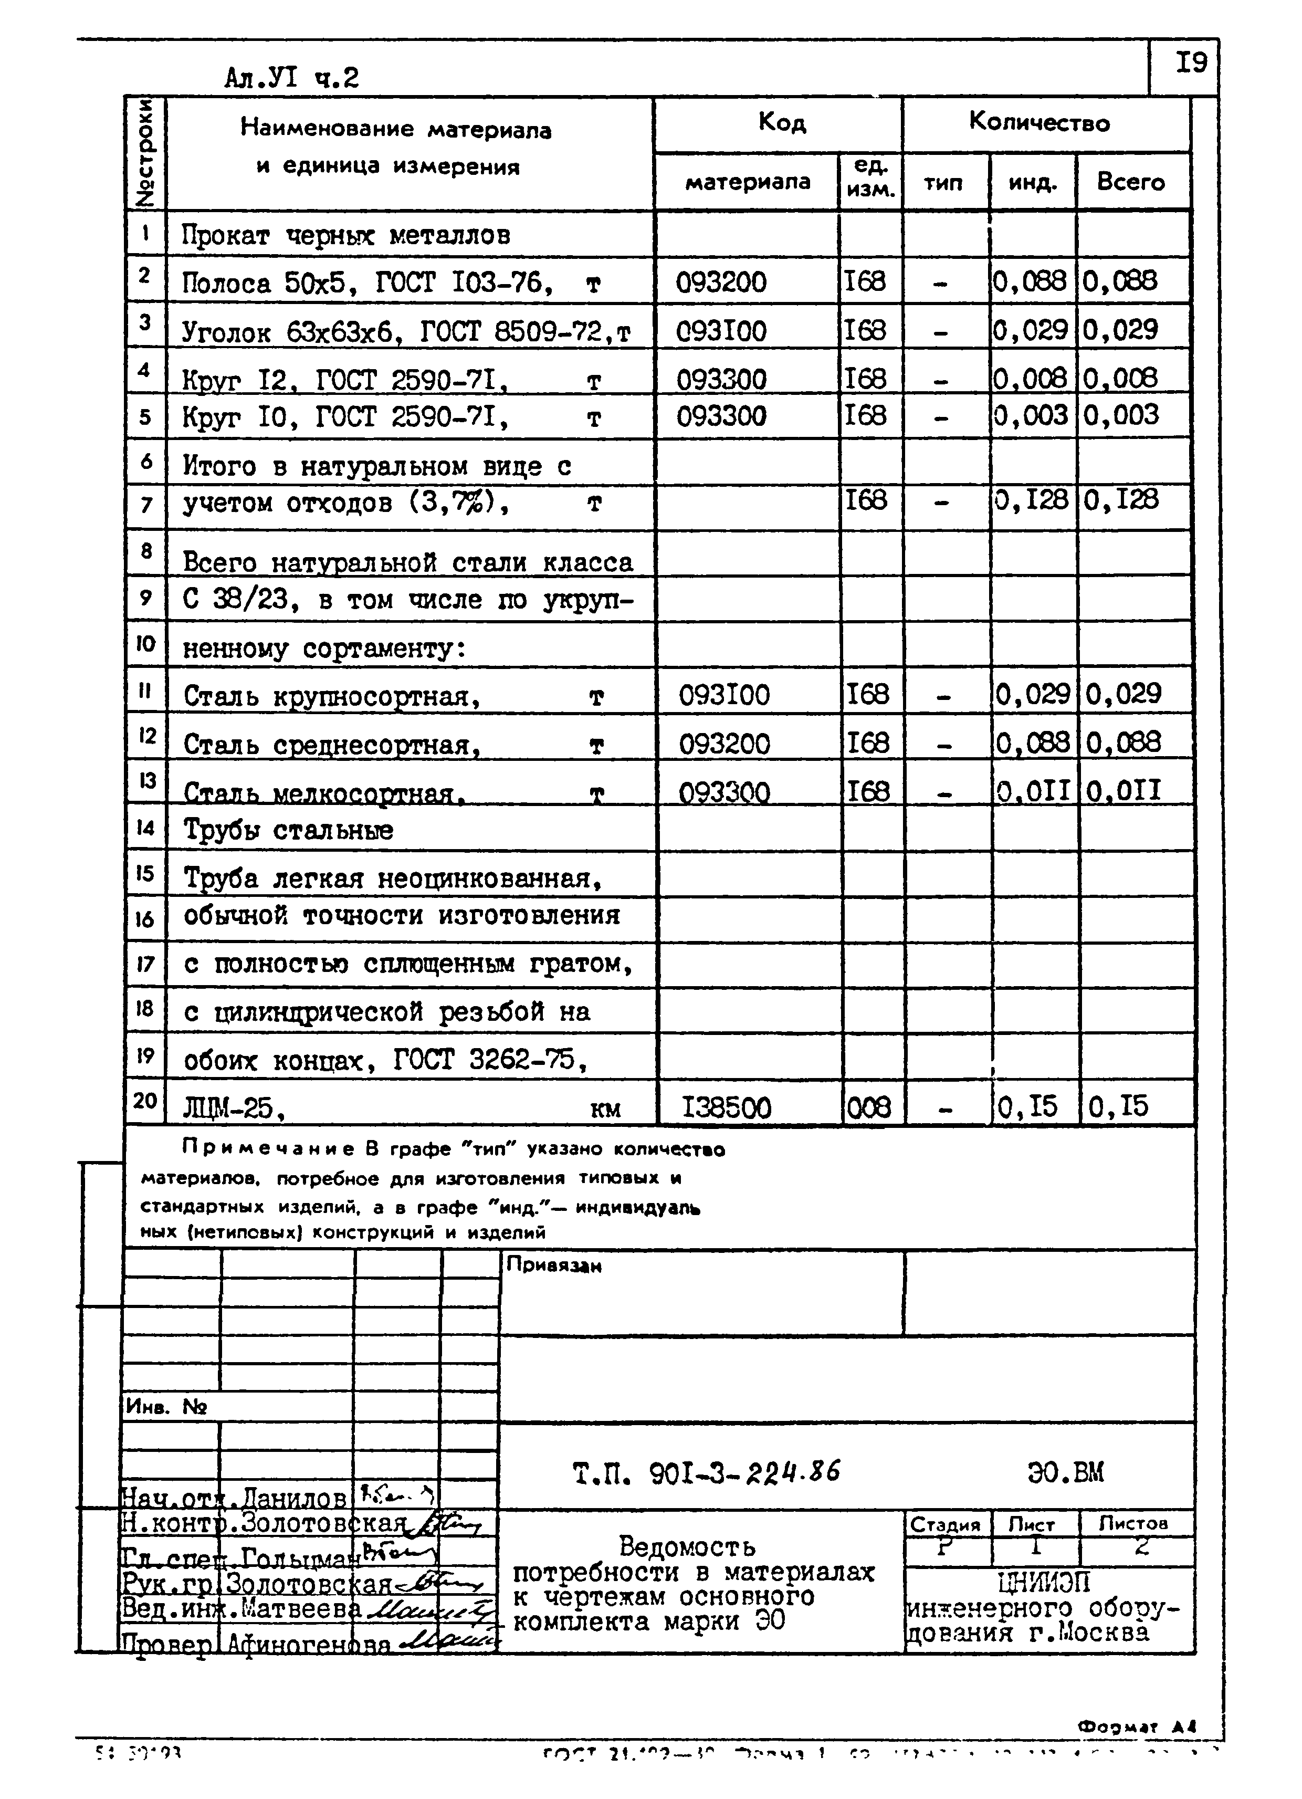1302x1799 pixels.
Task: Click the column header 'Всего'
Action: pos(1131,182)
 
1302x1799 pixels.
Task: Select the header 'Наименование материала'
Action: pos(396,129)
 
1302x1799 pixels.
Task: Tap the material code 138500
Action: pos(726,1107)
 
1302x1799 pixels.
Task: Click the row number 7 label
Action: pos(146,504)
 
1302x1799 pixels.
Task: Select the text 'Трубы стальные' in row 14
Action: pos(289,831)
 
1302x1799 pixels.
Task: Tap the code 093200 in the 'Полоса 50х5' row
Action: pos(721,281)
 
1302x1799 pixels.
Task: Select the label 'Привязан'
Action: pos(553,1265)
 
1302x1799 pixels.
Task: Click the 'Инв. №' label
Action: pos(166,1407)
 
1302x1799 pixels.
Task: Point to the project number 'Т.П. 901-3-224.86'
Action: pos(706,1473)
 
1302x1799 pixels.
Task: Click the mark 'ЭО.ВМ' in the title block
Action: pos(1065,1473)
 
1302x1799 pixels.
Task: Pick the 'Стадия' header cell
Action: pos(945,1524)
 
